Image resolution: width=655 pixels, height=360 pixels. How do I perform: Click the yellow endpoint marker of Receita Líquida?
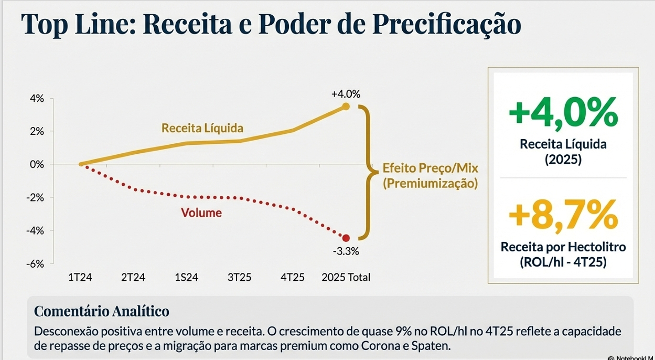pos(346,107)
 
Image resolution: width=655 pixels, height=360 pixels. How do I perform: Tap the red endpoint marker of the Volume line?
pos(346,238)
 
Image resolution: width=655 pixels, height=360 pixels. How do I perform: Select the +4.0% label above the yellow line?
pos(346,94)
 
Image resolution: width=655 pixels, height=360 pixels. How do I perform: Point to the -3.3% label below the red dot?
pos(346,251)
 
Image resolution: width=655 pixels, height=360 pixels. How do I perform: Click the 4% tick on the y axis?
pos(36,99)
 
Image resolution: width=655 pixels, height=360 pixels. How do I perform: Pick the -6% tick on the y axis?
pos(35,263)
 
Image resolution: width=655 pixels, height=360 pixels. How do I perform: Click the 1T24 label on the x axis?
pos(80,278)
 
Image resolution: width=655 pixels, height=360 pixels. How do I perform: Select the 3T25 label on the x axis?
pos(239,278)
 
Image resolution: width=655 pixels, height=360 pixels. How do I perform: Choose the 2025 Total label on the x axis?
pos(346,278)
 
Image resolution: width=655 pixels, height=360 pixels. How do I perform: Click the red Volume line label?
pos(201,213)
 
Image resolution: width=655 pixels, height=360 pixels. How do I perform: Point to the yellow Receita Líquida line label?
pos(202,128)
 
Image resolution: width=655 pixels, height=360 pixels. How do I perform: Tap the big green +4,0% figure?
pos(563,112)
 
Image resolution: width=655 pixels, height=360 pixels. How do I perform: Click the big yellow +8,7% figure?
pos(563,215)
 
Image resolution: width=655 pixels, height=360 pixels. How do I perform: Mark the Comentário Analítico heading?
pos(102,311)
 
